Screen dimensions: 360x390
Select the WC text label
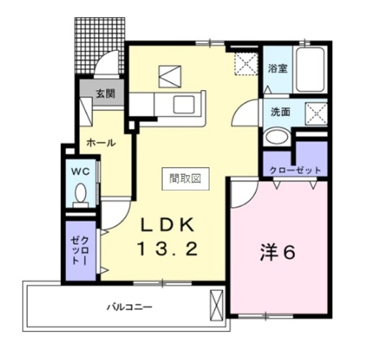click(82, 171)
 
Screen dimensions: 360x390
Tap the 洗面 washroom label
click(281, 112)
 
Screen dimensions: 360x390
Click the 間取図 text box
click(185, 178)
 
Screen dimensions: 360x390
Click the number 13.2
click(167, 249)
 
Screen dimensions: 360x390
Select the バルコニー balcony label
click(127, 306)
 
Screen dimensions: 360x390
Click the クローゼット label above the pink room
click(296, 170)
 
